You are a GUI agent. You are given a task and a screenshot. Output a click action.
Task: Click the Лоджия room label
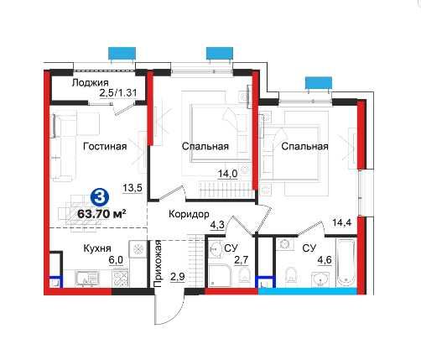click(89, 82)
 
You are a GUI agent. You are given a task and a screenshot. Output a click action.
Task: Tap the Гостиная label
click(105, 146)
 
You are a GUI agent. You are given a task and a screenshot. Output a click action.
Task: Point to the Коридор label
click(189, 215)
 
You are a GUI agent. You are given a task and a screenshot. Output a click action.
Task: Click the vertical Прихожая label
click(157, 263)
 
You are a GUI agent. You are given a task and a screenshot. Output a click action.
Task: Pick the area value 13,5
click(131, 188)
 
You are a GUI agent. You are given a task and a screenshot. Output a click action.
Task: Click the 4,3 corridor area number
click(216, 225)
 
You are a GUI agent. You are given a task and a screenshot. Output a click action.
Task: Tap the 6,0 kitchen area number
click(115, 261)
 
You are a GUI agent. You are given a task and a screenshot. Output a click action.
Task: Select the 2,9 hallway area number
click(176, 275)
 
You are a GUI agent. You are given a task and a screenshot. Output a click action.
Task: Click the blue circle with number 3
click(98, 197)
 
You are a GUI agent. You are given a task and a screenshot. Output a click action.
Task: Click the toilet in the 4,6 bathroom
click(288, 274)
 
